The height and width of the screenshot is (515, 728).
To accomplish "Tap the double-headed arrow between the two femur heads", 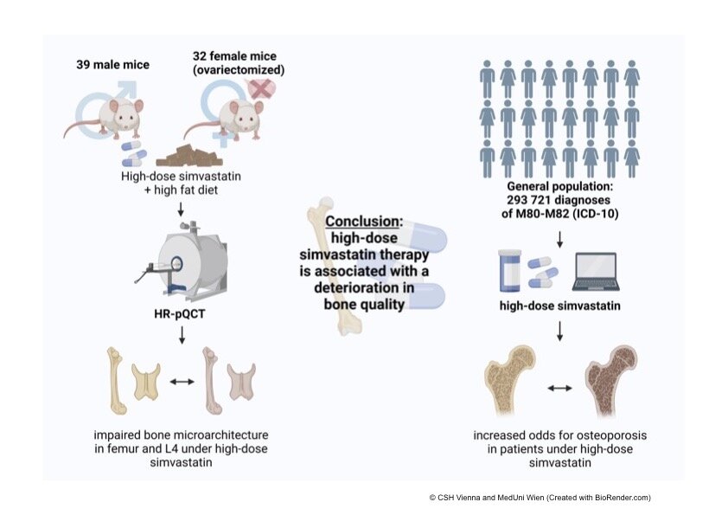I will coord(560,389).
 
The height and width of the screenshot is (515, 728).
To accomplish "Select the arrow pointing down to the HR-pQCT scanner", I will coord(181,209).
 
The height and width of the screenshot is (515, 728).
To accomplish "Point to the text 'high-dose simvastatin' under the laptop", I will coord(560,306).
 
